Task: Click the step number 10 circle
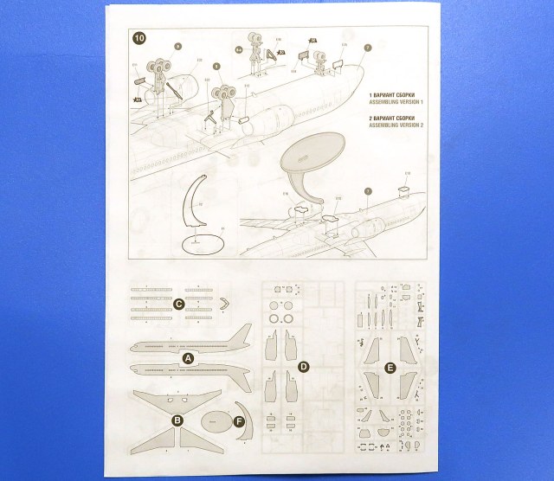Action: [139, 38]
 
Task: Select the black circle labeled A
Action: [188, 356]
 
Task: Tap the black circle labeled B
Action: [177, 421]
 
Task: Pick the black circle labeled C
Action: [177, 304]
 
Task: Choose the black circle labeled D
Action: [304, 367]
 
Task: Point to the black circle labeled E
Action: [390, 368]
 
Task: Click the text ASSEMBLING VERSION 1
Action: [401, 100]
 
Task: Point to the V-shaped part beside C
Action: [225, 303]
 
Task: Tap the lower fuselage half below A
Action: [190, 370]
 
